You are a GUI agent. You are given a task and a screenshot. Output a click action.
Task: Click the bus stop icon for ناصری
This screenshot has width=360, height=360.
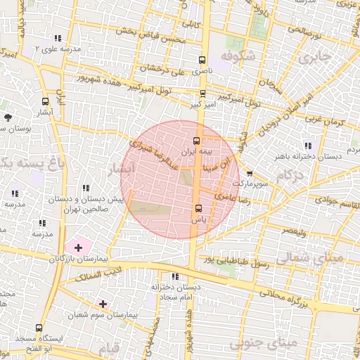pos(202,60)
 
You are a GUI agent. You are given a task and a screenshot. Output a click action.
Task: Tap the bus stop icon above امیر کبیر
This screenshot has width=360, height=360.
pos(202,93)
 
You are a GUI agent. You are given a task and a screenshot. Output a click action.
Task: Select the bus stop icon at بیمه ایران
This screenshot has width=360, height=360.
pos(196,140)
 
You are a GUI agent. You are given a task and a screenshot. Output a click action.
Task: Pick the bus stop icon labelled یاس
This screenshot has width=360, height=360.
pos(198,208)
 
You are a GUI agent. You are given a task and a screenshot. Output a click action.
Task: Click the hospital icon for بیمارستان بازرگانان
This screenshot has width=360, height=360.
pos(78,247)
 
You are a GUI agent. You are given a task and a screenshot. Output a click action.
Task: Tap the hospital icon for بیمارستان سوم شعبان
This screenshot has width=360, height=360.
pos(103,304)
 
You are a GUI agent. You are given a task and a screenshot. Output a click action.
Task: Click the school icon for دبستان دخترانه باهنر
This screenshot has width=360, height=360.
pos(308,145)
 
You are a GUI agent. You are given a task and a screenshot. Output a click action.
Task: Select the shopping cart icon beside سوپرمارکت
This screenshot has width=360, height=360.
pos(250,172)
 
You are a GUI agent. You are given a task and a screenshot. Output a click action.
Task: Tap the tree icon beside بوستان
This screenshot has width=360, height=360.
pos(8,117)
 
